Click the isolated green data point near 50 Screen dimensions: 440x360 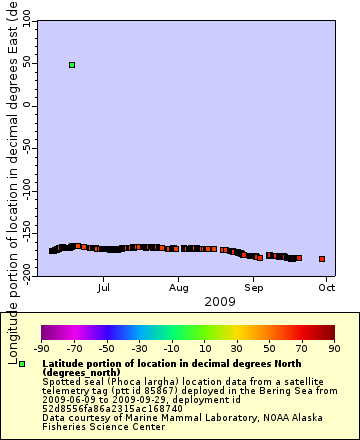coord(72,65)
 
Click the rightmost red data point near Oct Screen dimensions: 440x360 coord(322,259)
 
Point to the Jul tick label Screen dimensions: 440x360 coord(103,287)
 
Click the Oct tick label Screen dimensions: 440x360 coord(327,287)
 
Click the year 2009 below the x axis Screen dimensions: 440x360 coord(219,301)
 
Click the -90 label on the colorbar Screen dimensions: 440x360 coord(42,349)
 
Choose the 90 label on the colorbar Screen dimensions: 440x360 coord(334,349)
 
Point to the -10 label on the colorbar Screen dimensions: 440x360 coord(172,349)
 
